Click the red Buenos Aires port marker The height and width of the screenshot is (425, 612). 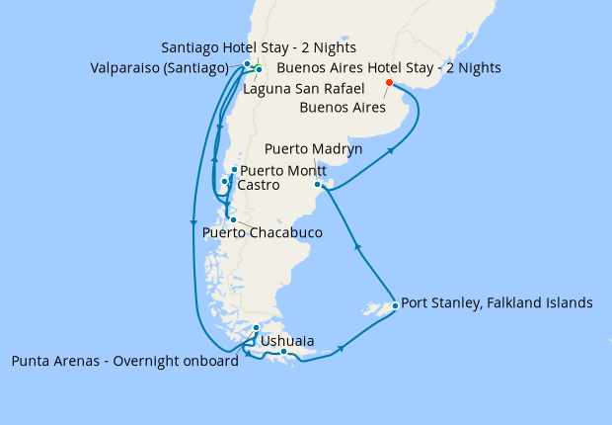pyautogui.click(x=389, y=83)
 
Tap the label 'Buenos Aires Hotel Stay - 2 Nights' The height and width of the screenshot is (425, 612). pyautogui.click(x=389, y=68)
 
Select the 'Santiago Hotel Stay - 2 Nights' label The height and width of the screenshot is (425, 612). pyautogui.click(x=258, y=47)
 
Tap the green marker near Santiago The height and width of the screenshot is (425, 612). pyautogui.click(x=254, y=66)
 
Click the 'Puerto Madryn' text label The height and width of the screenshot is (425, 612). pyautogui.click(x=313, y=149)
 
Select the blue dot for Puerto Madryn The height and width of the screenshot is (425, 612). pyautogui.click(x=317, y=185)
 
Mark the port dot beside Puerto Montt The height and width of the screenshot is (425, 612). pyautogui.click(x=234, y=170)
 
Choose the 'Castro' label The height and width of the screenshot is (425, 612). pyautogui.click(x=258, y=185)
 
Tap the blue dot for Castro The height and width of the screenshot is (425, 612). pyautogui.click(x=225, y=182)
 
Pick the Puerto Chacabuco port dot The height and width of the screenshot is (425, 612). pyautogui.click(x=233, y=219)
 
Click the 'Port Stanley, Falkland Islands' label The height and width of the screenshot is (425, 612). pyautogui.click(x=497, y=303)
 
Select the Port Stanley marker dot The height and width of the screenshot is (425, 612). pyautogui.click(x=395, y=305)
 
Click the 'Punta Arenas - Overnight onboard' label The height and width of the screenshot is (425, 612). pyautogui.click(x=124, y=361)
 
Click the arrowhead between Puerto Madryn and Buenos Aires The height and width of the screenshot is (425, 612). pyautogui.click(x=392, y=151)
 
